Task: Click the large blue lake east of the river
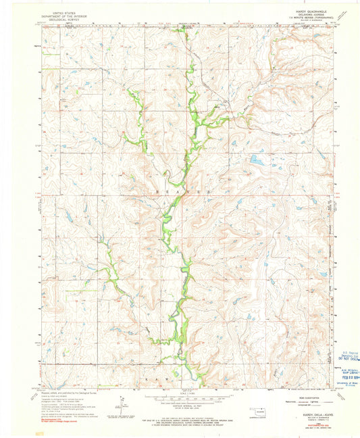point(257,160)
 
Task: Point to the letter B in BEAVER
point(157,193)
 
